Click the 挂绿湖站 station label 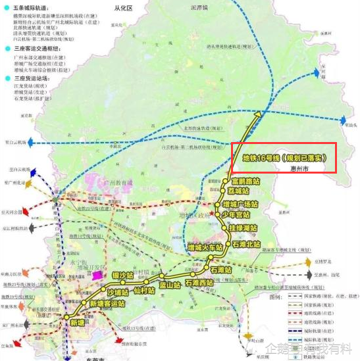pos(244,228)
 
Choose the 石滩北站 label pos(248,244)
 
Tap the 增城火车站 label pos(205,248)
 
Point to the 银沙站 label pos(122,275)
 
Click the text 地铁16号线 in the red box pos(261,158)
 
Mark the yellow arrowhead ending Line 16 pos(259,114)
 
